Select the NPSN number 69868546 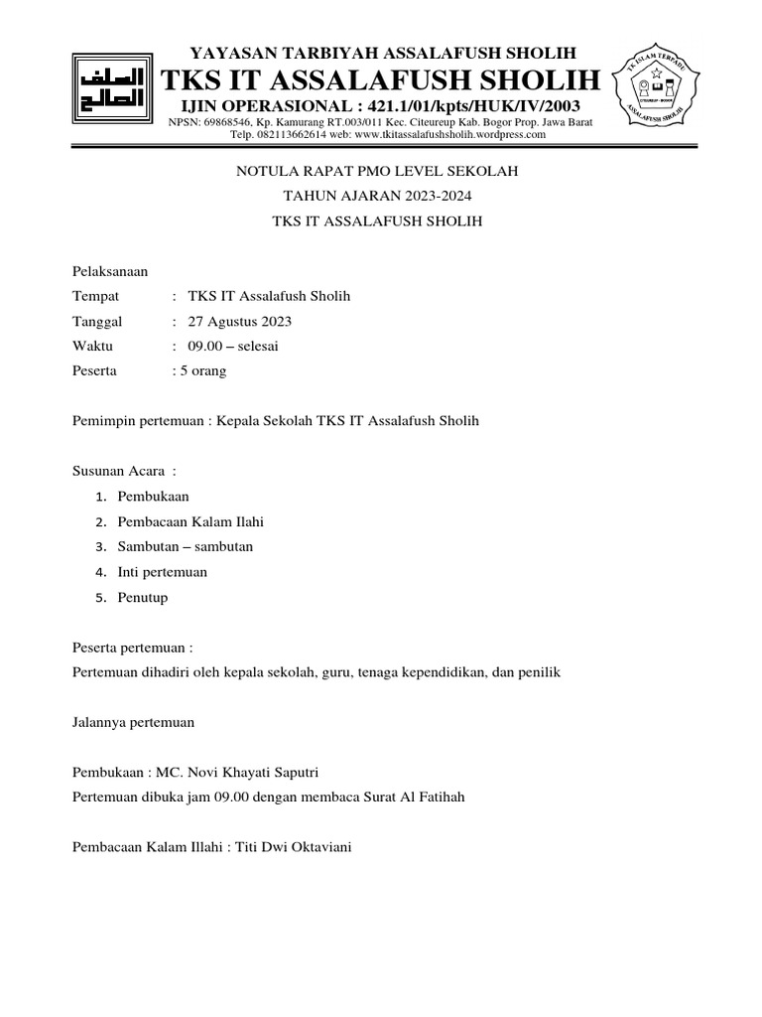(227, 121)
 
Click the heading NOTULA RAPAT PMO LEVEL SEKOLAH (377, 172)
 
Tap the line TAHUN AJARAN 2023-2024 (377, 197)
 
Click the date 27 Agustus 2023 (239, 321)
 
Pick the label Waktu (93, 346)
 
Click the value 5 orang (202, 370)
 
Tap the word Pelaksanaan (110, 271)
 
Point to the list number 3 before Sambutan (100, 547)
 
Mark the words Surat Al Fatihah (408, 797)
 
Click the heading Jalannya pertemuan (134, 722)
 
